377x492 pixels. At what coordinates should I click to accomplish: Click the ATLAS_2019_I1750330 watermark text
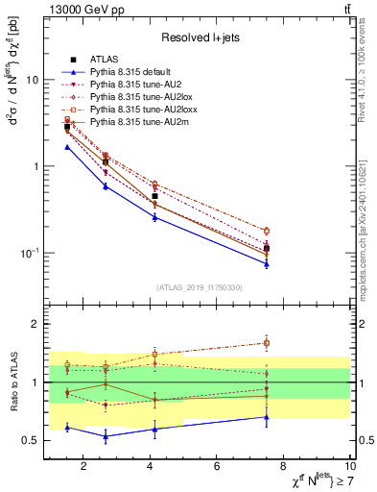click(199, 287)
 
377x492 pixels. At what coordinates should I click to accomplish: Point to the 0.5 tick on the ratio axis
click(31, 440)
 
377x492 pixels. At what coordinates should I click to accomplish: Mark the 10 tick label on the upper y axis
click(32, 80)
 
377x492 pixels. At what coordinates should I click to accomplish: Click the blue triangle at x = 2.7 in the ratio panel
click(106, 436)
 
